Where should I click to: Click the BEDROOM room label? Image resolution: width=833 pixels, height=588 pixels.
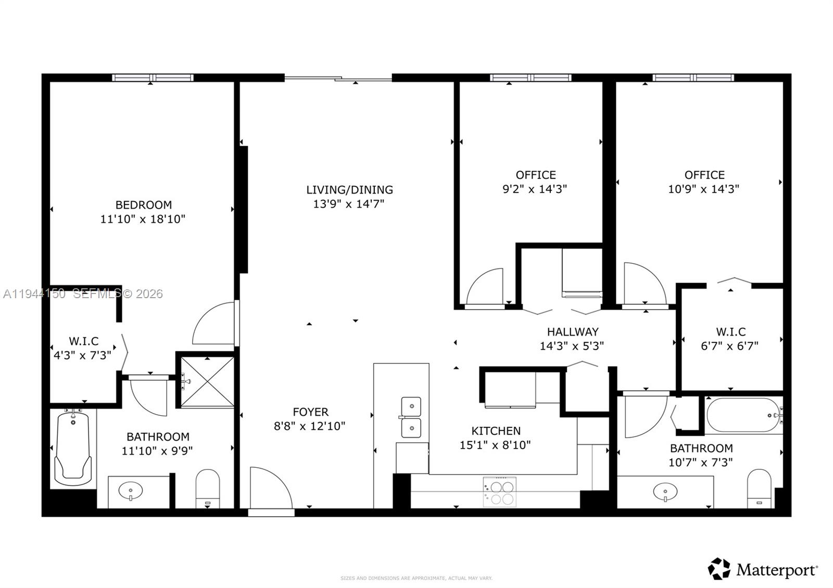tap(143, 205)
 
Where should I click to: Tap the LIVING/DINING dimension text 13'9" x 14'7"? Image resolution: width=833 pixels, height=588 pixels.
tap(348, 204)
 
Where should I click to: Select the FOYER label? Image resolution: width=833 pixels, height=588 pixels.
tap(310, 412)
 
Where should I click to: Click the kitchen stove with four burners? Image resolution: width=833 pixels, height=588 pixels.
tap(499, 492)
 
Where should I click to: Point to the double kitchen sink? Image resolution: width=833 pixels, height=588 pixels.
tap(411, 417)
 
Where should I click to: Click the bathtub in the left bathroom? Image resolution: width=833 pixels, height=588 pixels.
tap(73, 448)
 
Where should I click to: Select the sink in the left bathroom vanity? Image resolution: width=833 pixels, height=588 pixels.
tap(130, 491)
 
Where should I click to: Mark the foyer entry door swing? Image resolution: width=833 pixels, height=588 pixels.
tap(270, 488)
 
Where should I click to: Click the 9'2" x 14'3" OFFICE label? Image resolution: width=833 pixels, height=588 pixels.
tap(535, 175)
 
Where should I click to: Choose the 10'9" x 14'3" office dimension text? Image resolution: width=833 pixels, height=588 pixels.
tap(703, 189)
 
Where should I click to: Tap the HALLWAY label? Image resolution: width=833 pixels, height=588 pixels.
tap(572, 331)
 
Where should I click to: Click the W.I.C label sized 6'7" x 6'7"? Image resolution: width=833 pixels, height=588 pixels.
tap(730, 331)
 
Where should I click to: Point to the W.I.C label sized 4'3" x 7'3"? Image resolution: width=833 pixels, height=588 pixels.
tap(83, 341)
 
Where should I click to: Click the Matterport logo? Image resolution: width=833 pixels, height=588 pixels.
tap(763, 569)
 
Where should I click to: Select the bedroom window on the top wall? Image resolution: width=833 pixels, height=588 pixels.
tap(153, 78)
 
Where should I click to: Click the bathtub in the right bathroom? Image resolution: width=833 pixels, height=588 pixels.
tap(742, 415)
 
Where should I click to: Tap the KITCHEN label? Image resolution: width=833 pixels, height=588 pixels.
tap(496, 431)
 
